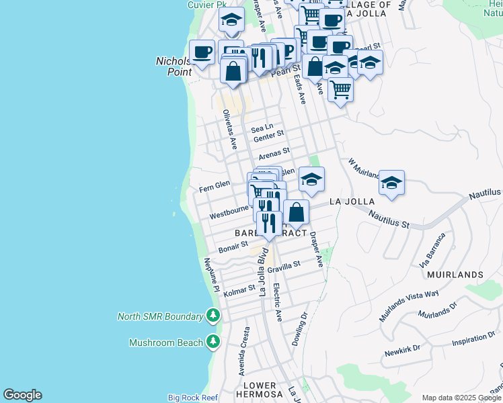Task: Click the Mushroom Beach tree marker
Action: (213, 343)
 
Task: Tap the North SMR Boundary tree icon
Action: (213, 316)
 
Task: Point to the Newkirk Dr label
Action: (403, 349)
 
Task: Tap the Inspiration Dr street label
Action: (473, 341)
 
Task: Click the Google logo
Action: (22, 395)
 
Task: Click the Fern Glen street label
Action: (215, 184)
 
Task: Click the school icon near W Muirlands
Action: (391, 182)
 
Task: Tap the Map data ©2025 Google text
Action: (461, 398)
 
